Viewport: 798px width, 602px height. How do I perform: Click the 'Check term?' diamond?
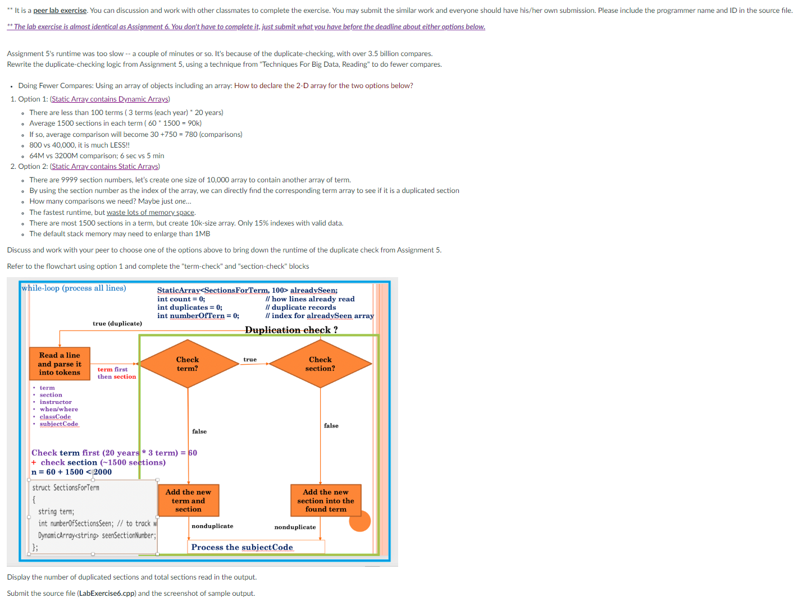188,364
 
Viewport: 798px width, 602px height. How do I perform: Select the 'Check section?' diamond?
320,364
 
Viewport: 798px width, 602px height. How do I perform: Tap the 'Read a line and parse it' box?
60,364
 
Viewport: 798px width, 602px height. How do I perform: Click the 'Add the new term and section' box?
188,500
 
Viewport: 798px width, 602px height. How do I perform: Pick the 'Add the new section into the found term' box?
326,500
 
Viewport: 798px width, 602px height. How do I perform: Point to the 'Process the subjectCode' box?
242,547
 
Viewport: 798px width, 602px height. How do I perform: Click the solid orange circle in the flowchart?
360,521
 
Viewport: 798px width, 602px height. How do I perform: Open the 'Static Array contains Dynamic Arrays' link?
110,99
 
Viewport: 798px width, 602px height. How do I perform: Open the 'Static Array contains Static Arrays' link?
105,167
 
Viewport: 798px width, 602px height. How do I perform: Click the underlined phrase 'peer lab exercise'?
60,11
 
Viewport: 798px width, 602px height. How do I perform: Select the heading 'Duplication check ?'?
291,330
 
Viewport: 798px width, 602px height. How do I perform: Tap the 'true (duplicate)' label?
117,324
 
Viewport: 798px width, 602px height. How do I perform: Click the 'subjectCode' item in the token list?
59,424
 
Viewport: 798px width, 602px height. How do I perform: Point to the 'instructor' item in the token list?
56,402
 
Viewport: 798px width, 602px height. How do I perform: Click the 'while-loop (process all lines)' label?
74,288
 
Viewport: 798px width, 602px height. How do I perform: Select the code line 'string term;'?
56,512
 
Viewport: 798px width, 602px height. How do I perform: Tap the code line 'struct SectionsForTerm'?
66,488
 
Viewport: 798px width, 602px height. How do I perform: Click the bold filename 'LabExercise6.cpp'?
107,594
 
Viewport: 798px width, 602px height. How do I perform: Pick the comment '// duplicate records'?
301,307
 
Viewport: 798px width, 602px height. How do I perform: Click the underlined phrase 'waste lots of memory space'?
151,213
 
